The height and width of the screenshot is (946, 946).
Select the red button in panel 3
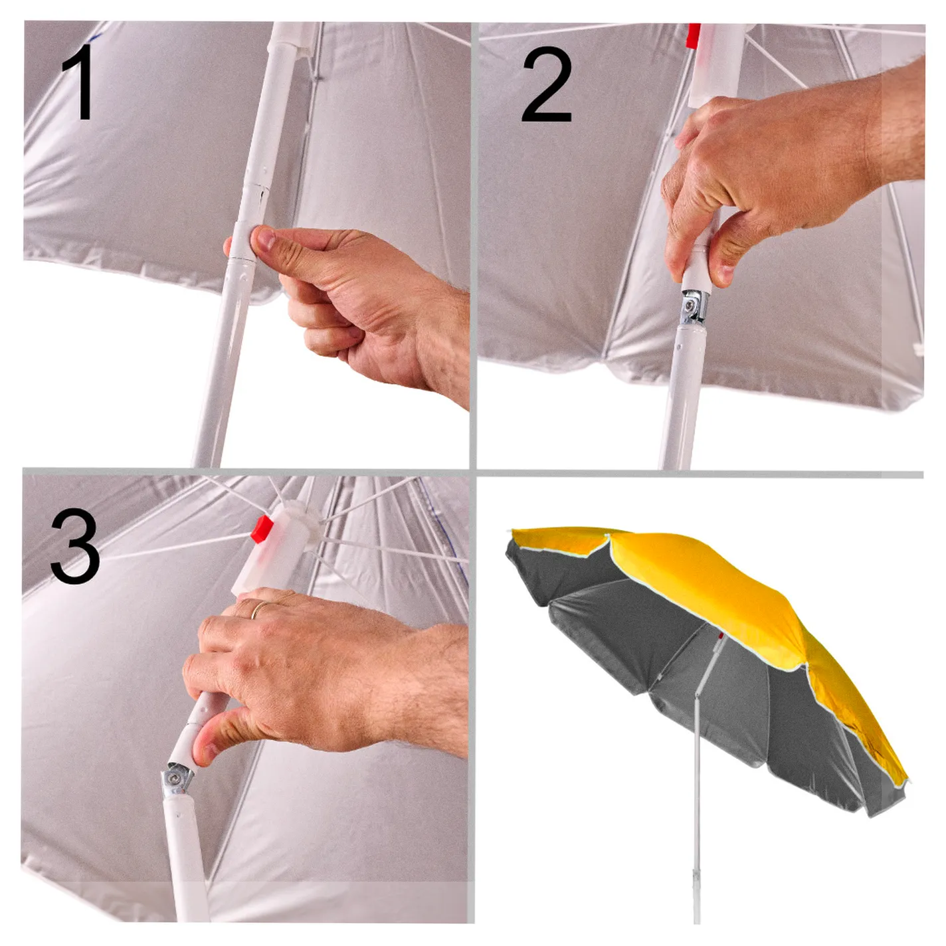(x=262, y=529)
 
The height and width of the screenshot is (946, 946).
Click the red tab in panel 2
(x=693, y=37)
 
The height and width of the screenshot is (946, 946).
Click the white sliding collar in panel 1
(x=242, y=240)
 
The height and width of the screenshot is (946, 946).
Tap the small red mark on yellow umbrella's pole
(x=720, y=636)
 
